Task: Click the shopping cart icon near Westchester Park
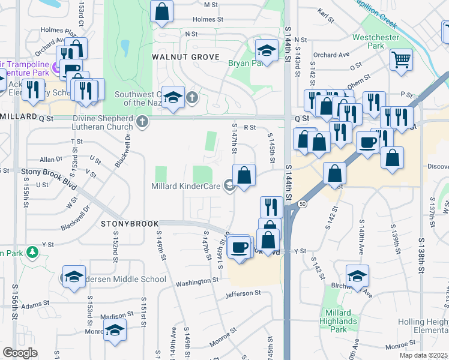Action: click(x=401, y=59)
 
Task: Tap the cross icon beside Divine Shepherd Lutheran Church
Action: click(x=142, y=122)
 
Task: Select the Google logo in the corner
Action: click(x=20, y=353)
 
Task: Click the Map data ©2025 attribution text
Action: click(x=424, y=355)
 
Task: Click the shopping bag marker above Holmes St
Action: click(x=161, y=11)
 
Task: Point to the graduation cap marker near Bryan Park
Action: click(x=267, y=50)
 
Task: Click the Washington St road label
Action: click(x=197, y=281)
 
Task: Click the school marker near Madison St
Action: click(x=114, y=330)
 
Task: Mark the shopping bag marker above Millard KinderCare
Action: click(x=244, y=176)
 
